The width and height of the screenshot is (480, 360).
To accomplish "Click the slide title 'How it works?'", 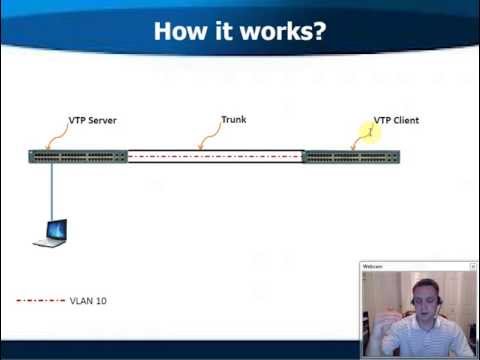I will pos(240,29).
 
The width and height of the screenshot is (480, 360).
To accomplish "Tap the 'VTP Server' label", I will pos(92,120).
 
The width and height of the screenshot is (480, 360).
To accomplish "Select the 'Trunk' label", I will pos(233,120).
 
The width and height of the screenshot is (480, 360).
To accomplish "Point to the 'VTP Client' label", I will pos(396,120).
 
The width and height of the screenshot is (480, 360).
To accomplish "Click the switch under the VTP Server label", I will pos(78,156).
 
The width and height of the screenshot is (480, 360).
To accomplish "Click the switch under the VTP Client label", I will pos(350,156).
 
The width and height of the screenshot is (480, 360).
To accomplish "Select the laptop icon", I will pos(50,233).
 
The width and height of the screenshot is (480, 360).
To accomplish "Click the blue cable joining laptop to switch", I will pos(52,190).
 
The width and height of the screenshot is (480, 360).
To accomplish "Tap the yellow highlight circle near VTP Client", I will pos(371,130).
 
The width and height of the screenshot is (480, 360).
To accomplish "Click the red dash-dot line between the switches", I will pos(214,156).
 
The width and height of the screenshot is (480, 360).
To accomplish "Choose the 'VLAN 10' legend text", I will pos(88,300).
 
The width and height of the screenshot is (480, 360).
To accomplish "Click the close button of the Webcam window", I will pos(471,267).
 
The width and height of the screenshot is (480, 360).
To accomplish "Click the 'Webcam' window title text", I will pos(373,267).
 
